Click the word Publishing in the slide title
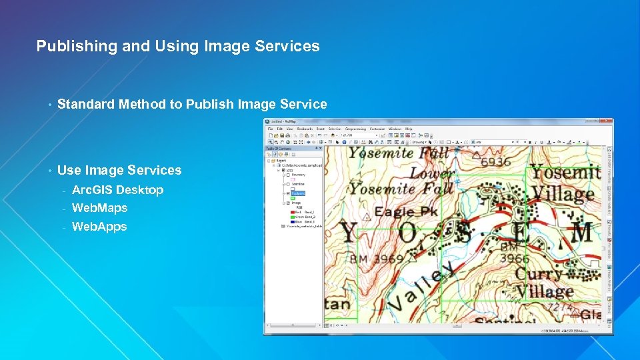pyautogui.click(x=66, y=47)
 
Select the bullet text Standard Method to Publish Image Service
pyautogui.click(x=192, y=104)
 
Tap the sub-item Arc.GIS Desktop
pyautogui.click(x=117, y=190)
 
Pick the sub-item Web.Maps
pyautogui.click(x=99, y=208)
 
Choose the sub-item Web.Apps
pyautogui.click(x=99, y=227)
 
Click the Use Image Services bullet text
pyautogui.click(x=119, y=170)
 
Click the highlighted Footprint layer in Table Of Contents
pyautogui.click(x=298, y=193)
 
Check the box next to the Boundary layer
pyautogui.click(x=289, y=175)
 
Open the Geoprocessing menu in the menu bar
pyautogui.click(x=355, y=129)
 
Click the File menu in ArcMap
pyautogui.click(x=270, y=129)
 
